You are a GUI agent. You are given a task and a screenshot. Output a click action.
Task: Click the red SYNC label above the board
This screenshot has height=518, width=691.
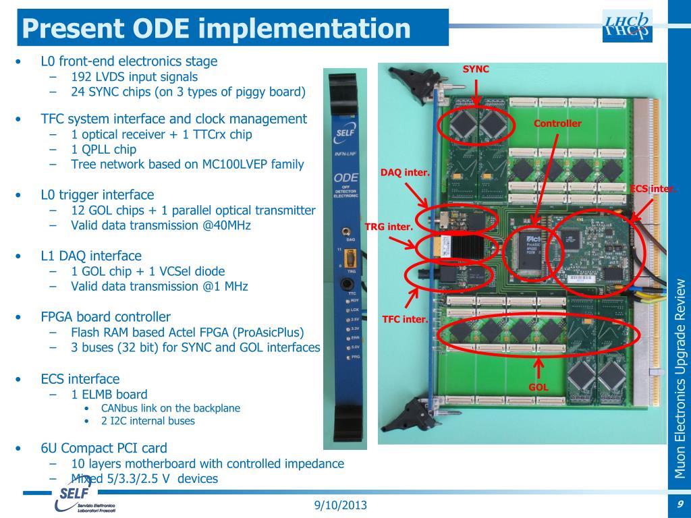coord(476,69)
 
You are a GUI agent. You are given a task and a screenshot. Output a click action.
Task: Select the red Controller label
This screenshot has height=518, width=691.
coord(557,123)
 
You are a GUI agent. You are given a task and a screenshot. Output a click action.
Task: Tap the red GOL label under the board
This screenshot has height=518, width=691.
coord(538,388)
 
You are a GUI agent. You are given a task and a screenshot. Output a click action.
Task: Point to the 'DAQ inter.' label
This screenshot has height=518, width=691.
coord(405,173)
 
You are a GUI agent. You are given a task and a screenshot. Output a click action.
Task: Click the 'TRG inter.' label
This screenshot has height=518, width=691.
coord(389,227)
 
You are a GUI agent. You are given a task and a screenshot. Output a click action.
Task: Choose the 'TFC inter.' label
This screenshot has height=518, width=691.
coord(405,319)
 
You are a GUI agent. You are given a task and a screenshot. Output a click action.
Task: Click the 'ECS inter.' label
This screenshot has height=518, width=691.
coord(653,189)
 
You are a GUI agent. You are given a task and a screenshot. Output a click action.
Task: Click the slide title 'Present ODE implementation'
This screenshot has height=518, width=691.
coord(216,28)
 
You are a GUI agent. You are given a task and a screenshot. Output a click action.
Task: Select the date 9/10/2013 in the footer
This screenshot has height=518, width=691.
coord(341,505)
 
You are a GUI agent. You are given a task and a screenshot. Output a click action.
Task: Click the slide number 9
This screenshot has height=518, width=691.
coord(680,505)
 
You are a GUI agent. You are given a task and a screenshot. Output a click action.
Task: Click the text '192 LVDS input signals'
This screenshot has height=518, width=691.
coord(134,77)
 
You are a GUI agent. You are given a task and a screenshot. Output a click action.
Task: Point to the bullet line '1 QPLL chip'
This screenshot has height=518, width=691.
coord(103,149)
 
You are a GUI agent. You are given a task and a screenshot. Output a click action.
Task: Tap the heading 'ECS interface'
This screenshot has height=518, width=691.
coord(80,379)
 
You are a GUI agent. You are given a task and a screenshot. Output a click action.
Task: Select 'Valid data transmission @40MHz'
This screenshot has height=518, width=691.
coord(161,225)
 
